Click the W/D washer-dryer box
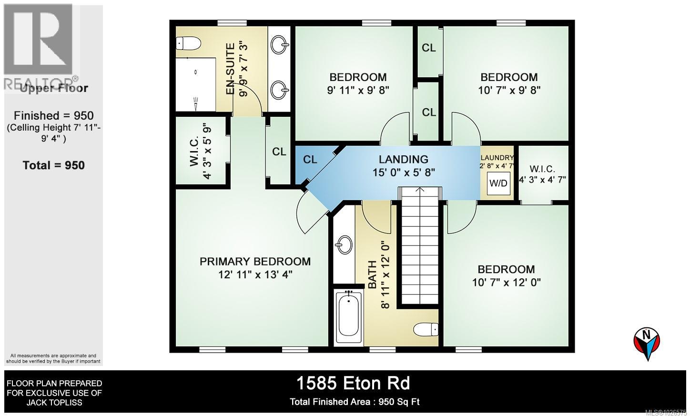click(498, 183)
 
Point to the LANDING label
click(403, 159)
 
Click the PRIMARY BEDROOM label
click(255, 262)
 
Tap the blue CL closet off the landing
click(311, 163)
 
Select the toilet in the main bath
click(426, 329)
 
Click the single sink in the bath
click(344, 245)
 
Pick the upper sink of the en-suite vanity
click(280, 45)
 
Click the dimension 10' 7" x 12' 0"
click(507, 282)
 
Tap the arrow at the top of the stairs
click(419, 189)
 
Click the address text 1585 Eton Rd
click(353, 384)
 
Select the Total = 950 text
click(53, 165)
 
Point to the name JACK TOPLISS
click(54, 403)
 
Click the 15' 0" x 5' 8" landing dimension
click(404, 173)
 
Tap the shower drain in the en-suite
click(195, 72)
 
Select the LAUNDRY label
click(497, 158)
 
